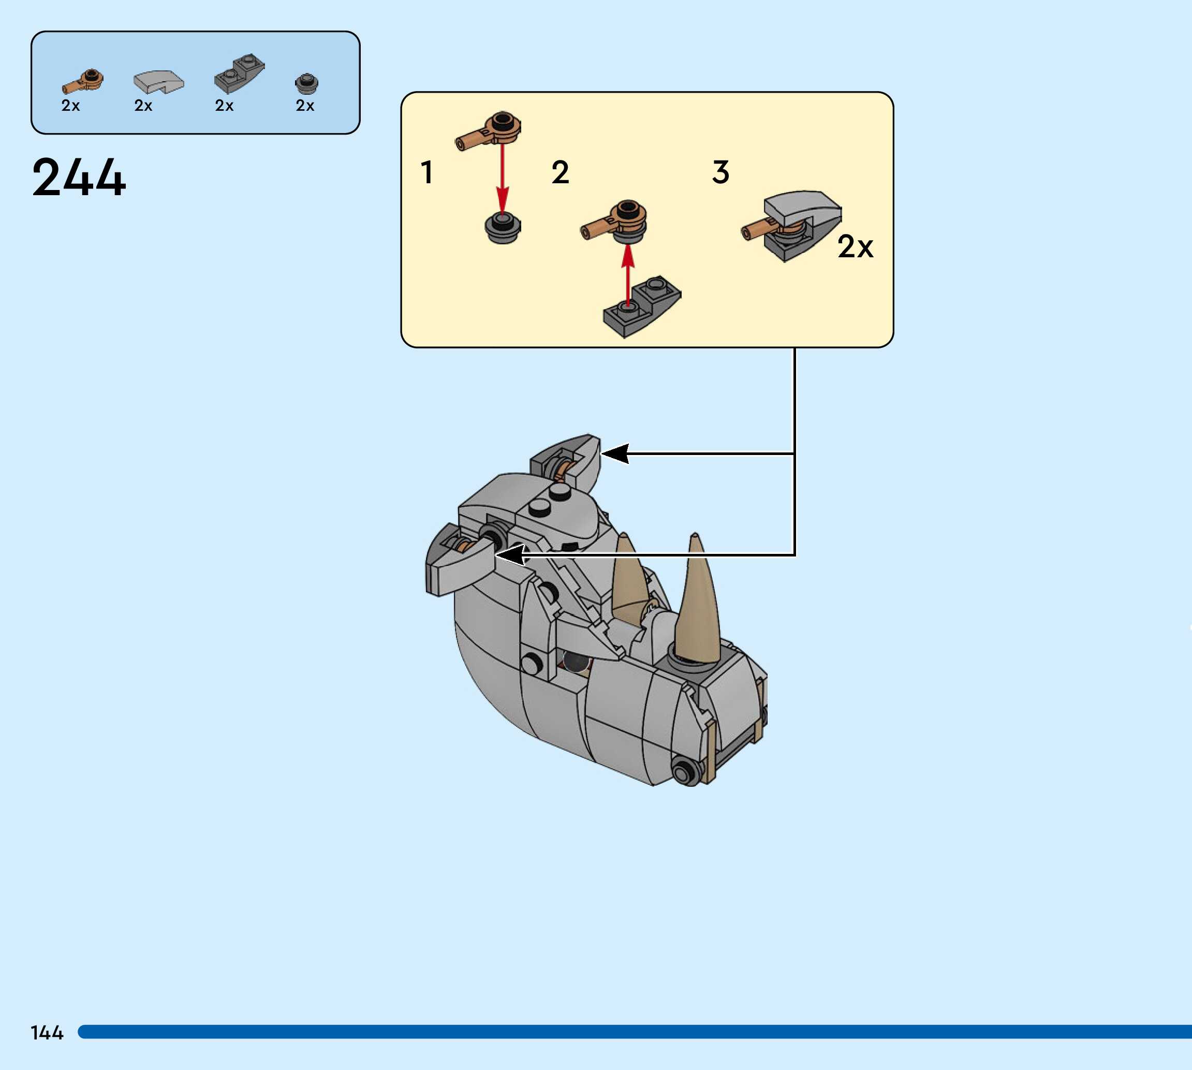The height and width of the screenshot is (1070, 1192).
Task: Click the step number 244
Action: (79, 177)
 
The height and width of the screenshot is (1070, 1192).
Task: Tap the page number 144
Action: (47, 1033)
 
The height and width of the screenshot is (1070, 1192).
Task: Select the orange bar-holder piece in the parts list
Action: (82, 81)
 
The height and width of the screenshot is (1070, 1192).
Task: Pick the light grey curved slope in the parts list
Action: (158, 82)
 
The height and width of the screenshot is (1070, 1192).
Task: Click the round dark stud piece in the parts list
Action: (306, 83)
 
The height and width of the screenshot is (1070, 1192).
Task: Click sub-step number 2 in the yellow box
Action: (560, 173)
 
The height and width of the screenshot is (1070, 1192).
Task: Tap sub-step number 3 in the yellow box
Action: (720, 173)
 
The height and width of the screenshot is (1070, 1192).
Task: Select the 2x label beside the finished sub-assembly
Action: (855, 246)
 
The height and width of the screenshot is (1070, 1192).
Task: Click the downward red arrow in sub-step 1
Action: (502, 177)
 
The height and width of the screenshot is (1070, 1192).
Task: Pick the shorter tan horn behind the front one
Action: (629, 582)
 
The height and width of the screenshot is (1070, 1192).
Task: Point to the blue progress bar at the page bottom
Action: (635, 1032)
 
